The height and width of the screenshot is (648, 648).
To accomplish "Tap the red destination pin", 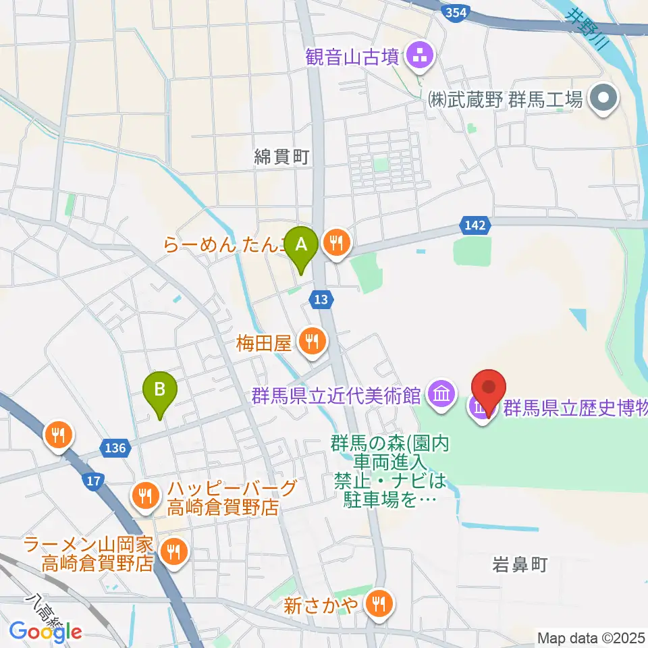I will point(491,391).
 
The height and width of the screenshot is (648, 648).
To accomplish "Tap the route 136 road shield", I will point(115,448).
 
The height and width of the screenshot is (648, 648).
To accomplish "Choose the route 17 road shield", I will point(94,481).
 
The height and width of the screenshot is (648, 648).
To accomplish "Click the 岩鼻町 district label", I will point(519,565).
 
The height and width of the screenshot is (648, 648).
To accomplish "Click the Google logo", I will point(46,631).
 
